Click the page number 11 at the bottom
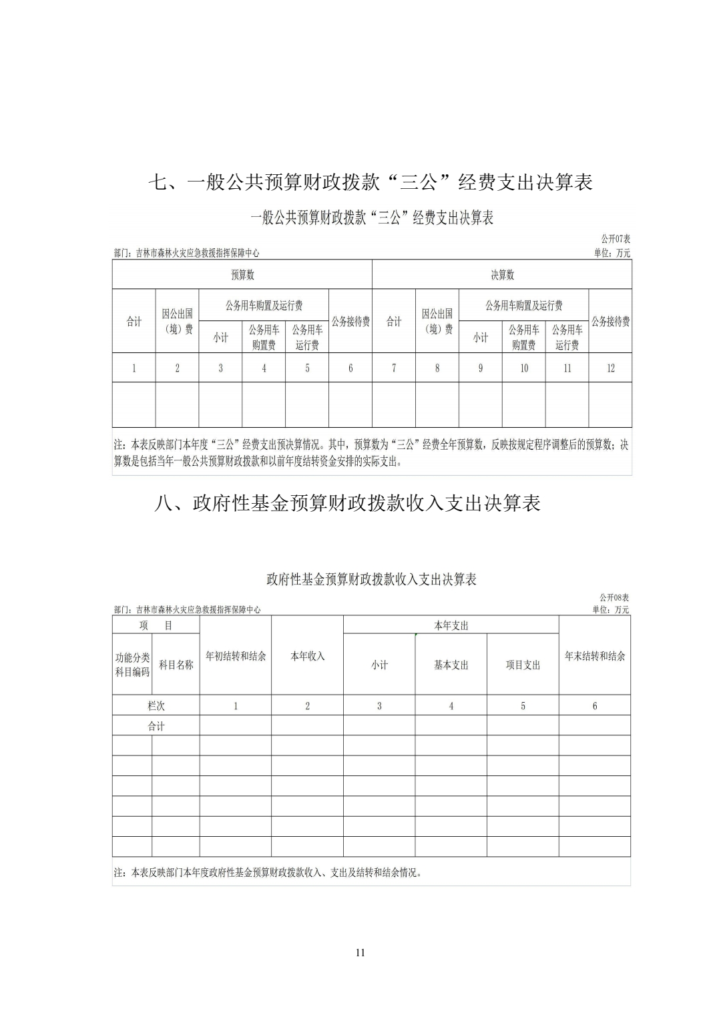(360, 952)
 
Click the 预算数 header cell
(242, 275)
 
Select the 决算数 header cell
(502, 275)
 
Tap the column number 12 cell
(610, 368)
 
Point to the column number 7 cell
(394, 368)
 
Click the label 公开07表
(616, 239)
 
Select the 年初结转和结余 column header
(236, 656)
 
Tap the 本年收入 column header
(307, 656)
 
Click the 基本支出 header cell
(451, 665)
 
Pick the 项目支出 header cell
(523, 665)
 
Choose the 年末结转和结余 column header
(595, 656)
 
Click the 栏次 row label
(156, 705)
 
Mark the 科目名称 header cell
(176, 665)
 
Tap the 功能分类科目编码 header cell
(132, 665)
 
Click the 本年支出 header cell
(451, 625)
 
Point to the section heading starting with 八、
(347, 503)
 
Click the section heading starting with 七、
(370, 182)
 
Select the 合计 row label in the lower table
(156, 726)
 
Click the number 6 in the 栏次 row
(595, 705)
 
